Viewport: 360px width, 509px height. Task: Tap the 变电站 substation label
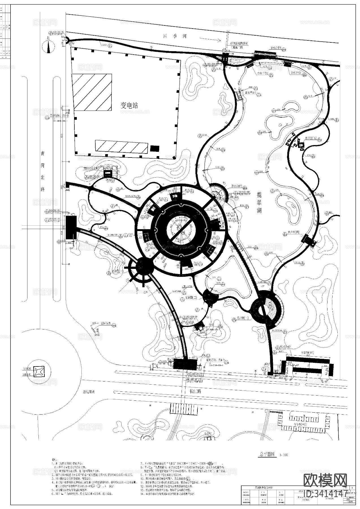(129, 105)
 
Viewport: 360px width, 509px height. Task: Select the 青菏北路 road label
(43, 171)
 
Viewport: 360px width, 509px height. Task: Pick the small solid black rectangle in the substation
(154, 148)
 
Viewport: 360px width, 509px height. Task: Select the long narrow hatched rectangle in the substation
(122, 146)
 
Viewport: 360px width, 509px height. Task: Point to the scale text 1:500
(283, 463)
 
